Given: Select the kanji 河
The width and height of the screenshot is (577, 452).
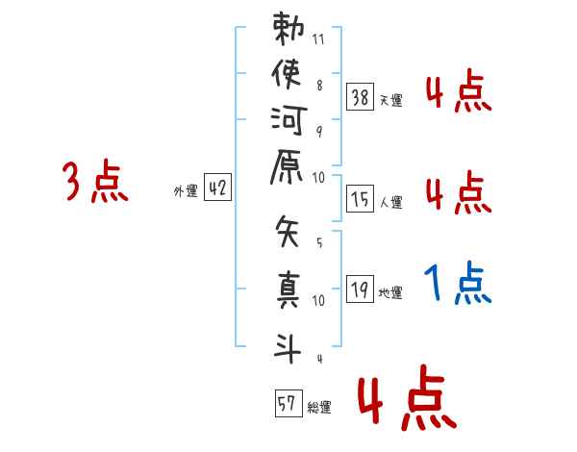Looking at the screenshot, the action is [x=288, y=120].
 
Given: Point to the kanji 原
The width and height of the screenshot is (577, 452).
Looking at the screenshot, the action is [x=287, y=166].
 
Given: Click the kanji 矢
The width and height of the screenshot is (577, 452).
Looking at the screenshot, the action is [x=287, y=231].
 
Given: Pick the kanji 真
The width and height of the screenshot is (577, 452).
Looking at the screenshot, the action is [x=288, y=289].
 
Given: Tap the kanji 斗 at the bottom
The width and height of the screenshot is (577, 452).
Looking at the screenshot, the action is [x=288, y=348].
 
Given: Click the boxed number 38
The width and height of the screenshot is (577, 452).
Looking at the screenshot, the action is [x=361, y=97].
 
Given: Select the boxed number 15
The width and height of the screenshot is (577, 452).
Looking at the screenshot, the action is [x=361, y=199].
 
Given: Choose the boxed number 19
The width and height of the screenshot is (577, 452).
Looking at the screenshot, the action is [x=361, y=289].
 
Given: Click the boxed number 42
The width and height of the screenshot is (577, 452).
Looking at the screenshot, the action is [x=218, y=187].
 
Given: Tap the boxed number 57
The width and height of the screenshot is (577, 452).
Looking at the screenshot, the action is [x=288, y=403].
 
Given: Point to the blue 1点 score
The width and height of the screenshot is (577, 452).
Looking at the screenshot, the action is [x=458, y=283].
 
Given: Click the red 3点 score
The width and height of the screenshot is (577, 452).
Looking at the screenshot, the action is [x=95, y=181].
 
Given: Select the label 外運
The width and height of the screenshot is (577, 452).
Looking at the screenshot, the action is [x=186, y=191].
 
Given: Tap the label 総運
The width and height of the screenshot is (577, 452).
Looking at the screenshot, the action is [x=319, y=408].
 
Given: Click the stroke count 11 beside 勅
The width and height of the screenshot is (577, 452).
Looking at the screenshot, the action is [x=318, y=39].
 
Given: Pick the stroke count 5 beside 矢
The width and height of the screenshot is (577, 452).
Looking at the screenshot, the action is [x=319, y=242].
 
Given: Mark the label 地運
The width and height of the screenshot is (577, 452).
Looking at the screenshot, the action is [x=390, y=293].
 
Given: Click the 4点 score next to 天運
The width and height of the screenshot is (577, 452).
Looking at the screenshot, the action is [x=459, y=90].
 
